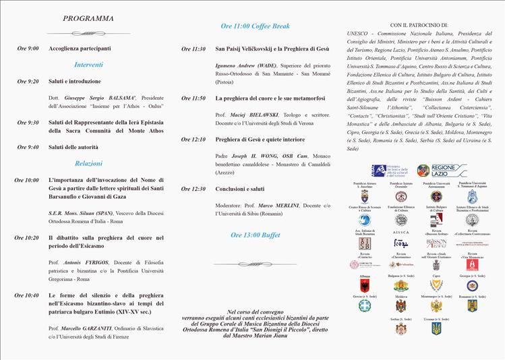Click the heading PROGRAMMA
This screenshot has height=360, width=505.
pos(88,18)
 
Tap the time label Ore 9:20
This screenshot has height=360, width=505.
pos(28,81)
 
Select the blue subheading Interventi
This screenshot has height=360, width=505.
pos(88,65)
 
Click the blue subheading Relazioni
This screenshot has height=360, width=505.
pos(88,163)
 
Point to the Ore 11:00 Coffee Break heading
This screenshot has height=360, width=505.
pos(255,26)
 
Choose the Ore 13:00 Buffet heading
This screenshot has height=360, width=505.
pos(255,235)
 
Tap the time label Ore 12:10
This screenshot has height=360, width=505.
pos(194,140)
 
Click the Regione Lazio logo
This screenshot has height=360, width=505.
pos(442,170)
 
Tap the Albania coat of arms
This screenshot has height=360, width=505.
pos(365,285)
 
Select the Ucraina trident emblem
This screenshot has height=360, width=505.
pos(436,328)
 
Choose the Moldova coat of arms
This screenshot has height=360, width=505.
pos(401,306)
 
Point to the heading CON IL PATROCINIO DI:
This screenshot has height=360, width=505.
pos(419,25)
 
